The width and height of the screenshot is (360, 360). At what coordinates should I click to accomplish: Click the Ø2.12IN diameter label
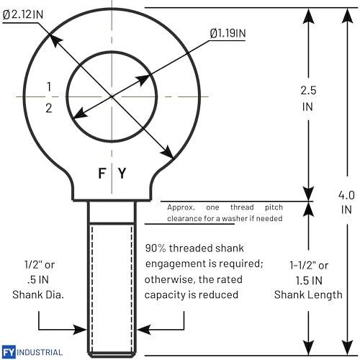(23, 14)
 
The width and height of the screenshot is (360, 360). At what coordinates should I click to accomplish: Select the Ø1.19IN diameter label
(228, 33)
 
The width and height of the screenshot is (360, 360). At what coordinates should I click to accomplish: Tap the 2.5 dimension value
(308, 91)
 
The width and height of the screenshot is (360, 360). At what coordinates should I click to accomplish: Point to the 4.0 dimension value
(346, 195)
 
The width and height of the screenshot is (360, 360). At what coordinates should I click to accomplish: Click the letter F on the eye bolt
(102, 173)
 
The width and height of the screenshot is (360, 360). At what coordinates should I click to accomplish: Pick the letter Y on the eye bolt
(122, 173)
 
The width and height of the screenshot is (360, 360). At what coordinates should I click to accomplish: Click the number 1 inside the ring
(49, 86)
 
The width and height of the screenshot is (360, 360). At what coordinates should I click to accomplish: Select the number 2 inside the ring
(49, 108)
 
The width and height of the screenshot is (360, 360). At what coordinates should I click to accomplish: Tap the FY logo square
(9, 352)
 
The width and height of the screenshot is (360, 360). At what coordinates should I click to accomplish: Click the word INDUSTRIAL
(40, 352)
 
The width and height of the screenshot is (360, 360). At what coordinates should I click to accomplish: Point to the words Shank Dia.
(38, 294)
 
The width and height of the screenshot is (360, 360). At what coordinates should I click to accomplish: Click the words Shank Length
(308, 295)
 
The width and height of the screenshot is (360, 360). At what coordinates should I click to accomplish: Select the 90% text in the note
(156, 248)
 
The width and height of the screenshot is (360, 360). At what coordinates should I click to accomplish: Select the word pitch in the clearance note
(274, 207)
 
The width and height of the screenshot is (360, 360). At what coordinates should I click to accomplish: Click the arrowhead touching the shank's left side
(81, 330)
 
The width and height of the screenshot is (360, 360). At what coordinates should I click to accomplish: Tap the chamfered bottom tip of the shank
(112, 354)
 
